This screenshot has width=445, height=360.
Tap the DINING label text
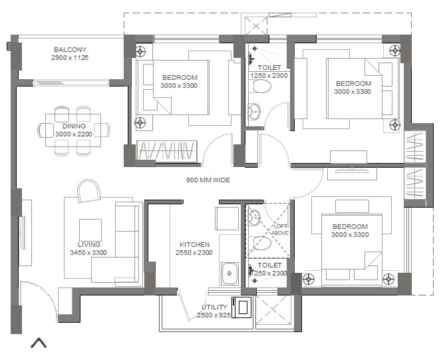(74, 126)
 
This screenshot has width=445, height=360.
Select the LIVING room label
(89, 244)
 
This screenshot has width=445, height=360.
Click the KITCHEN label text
(194, 244)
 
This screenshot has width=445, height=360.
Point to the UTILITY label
(215, 307)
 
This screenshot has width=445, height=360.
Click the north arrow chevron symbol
(39, 343)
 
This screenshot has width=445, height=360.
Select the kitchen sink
(229, 273)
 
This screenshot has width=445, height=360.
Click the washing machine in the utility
(241, 307)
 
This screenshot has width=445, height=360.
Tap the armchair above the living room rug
(88, 192)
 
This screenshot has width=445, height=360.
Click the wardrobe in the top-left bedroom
(168, 151)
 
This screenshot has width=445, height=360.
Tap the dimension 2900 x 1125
(70, 59)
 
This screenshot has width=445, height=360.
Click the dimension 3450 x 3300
(89, 253)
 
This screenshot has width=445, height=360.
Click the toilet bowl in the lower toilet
(262, 244)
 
